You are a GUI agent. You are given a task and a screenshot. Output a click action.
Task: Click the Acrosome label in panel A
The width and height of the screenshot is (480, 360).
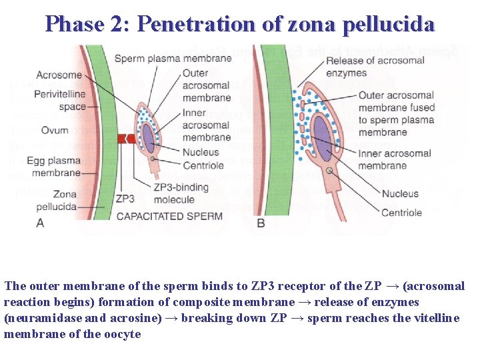59,75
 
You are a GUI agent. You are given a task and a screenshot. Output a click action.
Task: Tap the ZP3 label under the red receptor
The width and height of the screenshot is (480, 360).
125,198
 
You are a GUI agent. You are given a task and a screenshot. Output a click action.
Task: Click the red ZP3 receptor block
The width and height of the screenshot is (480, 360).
125,138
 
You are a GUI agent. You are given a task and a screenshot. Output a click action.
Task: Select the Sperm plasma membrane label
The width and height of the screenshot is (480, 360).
173,59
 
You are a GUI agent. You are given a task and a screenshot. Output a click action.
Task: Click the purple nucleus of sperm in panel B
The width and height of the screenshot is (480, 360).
323,137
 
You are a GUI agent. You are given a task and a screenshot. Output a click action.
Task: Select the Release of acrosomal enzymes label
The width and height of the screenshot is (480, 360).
375,67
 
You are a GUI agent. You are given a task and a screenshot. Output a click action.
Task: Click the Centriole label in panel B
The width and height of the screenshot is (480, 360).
401,213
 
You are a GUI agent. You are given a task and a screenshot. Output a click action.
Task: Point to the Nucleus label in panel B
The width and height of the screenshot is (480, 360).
400,194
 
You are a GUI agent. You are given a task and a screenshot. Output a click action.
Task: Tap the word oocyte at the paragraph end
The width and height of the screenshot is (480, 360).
123,334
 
